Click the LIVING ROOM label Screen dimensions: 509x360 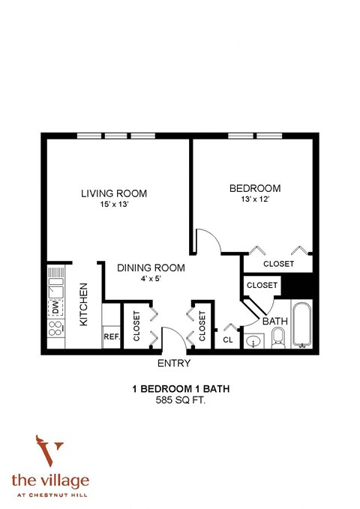(114, 193)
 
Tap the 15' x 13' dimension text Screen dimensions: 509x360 (114, 205)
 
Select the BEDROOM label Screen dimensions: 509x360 (254, 188)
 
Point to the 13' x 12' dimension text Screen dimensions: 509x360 (254, 199)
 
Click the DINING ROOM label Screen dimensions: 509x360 (150, 267)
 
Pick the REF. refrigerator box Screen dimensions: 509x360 (111, 337)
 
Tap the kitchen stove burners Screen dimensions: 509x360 (55, 329)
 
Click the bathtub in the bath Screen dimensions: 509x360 (301, 325)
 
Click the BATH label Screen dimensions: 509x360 (274, 321)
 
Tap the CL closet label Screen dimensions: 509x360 (228, 340)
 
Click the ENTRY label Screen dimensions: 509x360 (173, 364)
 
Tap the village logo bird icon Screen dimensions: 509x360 (49, 451)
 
